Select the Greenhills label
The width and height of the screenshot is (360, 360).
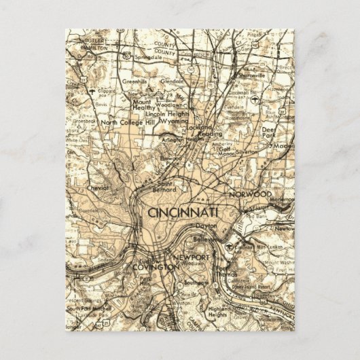tap(135, 81)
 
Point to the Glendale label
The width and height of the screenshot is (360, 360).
tap(173, 82)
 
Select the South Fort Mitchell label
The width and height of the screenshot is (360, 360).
tap(84, 310)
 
